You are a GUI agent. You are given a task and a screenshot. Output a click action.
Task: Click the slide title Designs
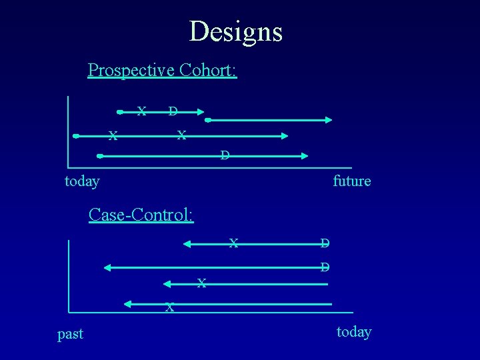pyautogui.click(x=235, y=31)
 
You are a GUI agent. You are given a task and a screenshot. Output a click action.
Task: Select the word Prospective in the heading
pyautogui.click(x=131, y=70)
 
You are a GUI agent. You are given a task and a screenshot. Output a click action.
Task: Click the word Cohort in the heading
pyautogui.click(x=206, y=70)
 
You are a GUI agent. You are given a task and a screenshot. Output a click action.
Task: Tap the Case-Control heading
pyautogui.click(x=141, y=215)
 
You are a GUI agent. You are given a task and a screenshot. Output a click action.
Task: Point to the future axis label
pyautogui.click(x=351, y=181)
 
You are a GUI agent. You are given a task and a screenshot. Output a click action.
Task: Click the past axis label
pyautogui.click(x=70, y=334)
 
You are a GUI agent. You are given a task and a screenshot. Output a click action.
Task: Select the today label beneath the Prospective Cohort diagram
pyautogui.click(x=82, y=181)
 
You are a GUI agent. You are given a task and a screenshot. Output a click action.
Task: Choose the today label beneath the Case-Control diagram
pyautogui.click(x=354, y=331)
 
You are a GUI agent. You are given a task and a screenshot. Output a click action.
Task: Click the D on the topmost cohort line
pyautogui.click(x=173, y=111)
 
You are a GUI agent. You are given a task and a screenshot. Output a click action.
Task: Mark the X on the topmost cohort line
pyautogui.click(x=141, y=111)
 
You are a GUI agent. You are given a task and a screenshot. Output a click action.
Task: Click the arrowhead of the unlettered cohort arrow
pyautogui.click(x=328, y=120)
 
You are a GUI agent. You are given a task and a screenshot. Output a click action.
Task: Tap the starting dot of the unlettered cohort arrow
pyautogui.click(x=208, y=120)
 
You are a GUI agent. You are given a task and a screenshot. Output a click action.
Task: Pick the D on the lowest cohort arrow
pyautogui.click(x=225, y=156)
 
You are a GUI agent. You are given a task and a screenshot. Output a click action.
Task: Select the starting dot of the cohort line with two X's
pyautogui.click(x=76, y=136)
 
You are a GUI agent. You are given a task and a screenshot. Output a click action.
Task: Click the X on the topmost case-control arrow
pyautogui.click(x=233, y=243)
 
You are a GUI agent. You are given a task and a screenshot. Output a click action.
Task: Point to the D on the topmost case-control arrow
pyautogui.click(x=324, y=243)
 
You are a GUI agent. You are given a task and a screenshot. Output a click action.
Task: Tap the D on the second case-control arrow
pyautogui.click(x=324, y=267)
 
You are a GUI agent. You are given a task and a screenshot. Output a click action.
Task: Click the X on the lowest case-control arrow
pyautogui.click(x=170, y=307)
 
